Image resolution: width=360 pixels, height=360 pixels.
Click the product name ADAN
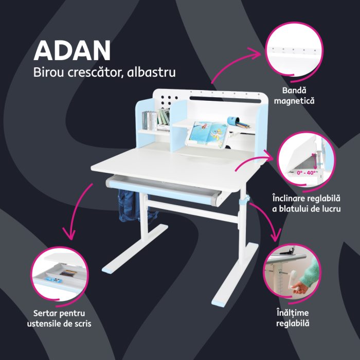tap(72, 50)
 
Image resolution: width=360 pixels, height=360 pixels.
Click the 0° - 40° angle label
tap(307, 173)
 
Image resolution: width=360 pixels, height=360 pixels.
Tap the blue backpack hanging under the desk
tap(128, 205)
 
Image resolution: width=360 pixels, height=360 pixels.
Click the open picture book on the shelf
tap(208, 131)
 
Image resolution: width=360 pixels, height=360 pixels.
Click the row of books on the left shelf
tap(156, 120)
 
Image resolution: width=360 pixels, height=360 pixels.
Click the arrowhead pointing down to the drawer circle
tap(67, 235)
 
